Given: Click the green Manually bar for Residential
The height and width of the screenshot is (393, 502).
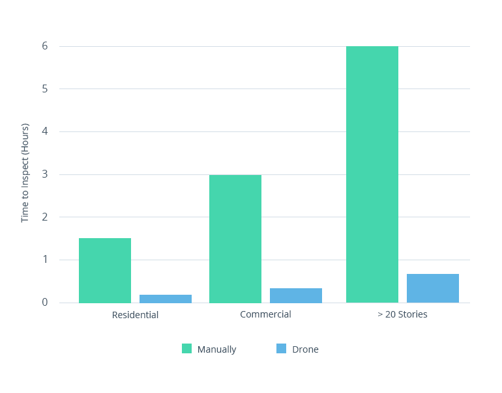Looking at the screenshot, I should pyautogui.click(x=105, y=270).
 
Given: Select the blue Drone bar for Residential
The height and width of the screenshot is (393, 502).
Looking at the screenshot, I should pyautogui.click(x=166, y=299).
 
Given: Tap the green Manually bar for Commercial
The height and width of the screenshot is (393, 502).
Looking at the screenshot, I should pyautogui.click(x=235, y=239).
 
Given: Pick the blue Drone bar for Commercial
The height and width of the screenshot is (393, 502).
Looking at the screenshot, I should pyautogui.click(x=296, y=295).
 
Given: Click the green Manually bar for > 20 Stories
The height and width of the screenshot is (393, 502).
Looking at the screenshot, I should pyautogui.click(x=372, y=174).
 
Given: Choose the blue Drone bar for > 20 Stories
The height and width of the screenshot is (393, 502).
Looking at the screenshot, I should pyautogui.click(x=433, y=288).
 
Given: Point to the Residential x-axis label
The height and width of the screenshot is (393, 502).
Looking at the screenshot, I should pyautogui.click(x=135, y=315).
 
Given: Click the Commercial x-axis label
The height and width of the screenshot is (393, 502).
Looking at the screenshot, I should pyautogui.click(x=265, y=314).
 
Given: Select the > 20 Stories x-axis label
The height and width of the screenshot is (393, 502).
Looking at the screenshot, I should pyautogui.click(x=402, y=315).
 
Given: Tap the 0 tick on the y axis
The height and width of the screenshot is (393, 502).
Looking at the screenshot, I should pyautogui.click(x=45, y=303).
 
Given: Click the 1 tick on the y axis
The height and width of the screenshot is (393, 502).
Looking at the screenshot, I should pyautogui.click(x=45, y=260).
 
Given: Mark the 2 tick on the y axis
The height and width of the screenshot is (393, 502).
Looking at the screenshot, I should pyautogui.click(x=45, y=217).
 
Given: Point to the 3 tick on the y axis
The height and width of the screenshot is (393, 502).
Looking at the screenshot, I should pyautogui.click(x=45, y=174).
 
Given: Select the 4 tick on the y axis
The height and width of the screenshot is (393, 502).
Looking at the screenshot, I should pyautogui.click(x=45, y=131).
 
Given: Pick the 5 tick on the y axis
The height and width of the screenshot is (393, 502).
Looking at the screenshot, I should pyautogui.click(x=45, y=88).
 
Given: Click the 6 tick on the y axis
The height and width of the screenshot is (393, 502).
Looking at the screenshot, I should pyautogui.click(x=45, y=46).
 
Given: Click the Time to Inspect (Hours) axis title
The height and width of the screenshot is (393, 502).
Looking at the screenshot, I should pyautogui.click(x=25, y=172).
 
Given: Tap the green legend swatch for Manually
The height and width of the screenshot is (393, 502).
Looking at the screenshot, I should pyautogui.click(x=187, y=349).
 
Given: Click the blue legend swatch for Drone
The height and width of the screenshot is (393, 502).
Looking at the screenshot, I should pyautogui.click(x=282, y=349).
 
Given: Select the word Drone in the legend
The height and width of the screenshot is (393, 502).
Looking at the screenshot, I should pyautogui.click(x=305, y=349).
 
